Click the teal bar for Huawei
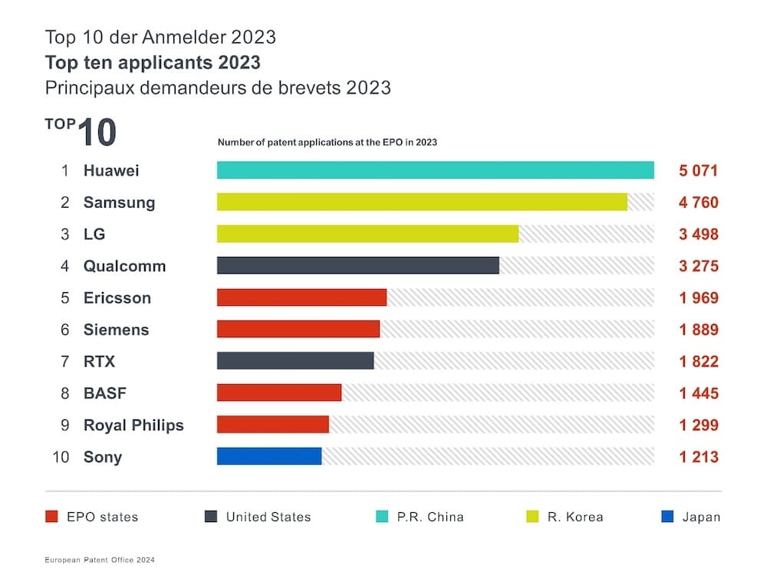tap(435, 170)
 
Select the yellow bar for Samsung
tap(422, 202)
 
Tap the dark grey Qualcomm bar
tap(357, 265)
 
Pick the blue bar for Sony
tap(269, 456)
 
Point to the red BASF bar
tap(279, 393)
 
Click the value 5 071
tap(698, 170)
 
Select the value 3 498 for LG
tap(698, 234)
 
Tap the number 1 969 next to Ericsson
tap(698, 297)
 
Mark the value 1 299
tap(698, 425)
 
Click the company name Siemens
tap(116, 330)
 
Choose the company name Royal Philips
tap(133, 425)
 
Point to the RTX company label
tap(99, 361)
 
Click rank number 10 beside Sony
tap(61, 457)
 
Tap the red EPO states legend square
tap(52, 517)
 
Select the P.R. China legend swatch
tap(382, 517)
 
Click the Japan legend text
tap(701, 517)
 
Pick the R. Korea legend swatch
tap(532, 517)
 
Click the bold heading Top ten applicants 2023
tap(153, 62)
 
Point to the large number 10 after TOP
tap(97, 133)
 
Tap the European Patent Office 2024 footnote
tap(100, 560)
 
